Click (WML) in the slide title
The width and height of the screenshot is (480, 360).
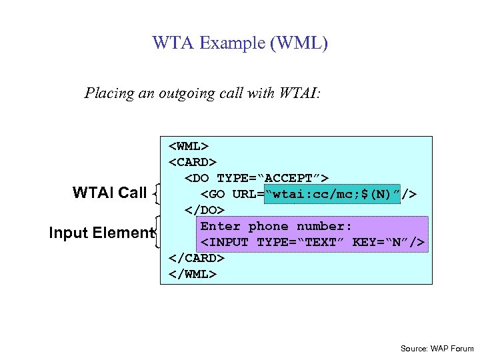[x=294, y=44]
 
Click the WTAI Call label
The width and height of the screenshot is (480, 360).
[x=109, y=193]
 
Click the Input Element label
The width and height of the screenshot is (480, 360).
[x=101, y=233]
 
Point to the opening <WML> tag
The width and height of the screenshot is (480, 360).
[x=189, y=146]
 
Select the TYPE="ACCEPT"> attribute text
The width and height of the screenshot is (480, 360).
[x=273, y=178]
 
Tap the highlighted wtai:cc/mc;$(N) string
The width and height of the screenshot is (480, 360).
[x=333, y=194]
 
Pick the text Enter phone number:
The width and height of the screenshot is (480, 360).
[x=276, y=226]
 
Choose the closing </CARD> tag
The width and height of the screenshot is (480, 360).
[x=197, y=258]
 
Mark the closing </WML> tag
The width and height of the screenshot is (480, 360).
[x=193, y=273]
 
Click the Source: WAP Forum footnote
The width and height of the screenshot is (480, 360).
[x=437, y=349]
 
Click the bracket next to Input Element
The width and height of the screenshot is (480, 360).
[x=158, y=232]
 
